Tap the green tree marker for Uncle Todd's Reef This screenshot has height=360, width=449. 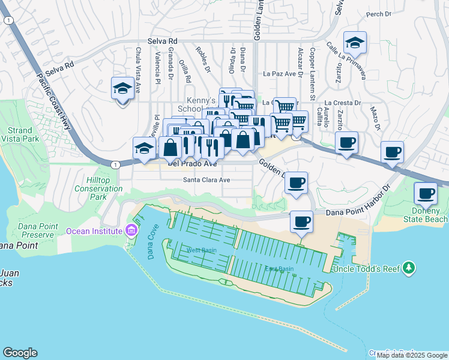coord(409,267)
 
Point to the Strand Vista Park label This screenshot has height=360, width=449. coord(20,134)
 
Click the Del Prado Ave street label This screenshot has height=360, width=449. coord(192,163)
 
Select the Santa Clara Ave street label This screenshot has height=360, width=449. coord(206,179)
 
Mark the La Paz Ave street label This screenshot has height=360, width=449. coord(280,74)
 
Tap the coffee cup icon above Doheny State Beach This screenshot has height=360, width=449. coord(426,194)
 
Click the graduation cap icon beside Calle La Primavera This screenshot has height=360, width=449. coord(355,43)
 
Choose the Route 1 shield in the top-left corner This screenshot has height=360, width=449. coord(8,20)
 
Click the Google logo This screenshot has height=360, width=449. coord(20,352)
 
